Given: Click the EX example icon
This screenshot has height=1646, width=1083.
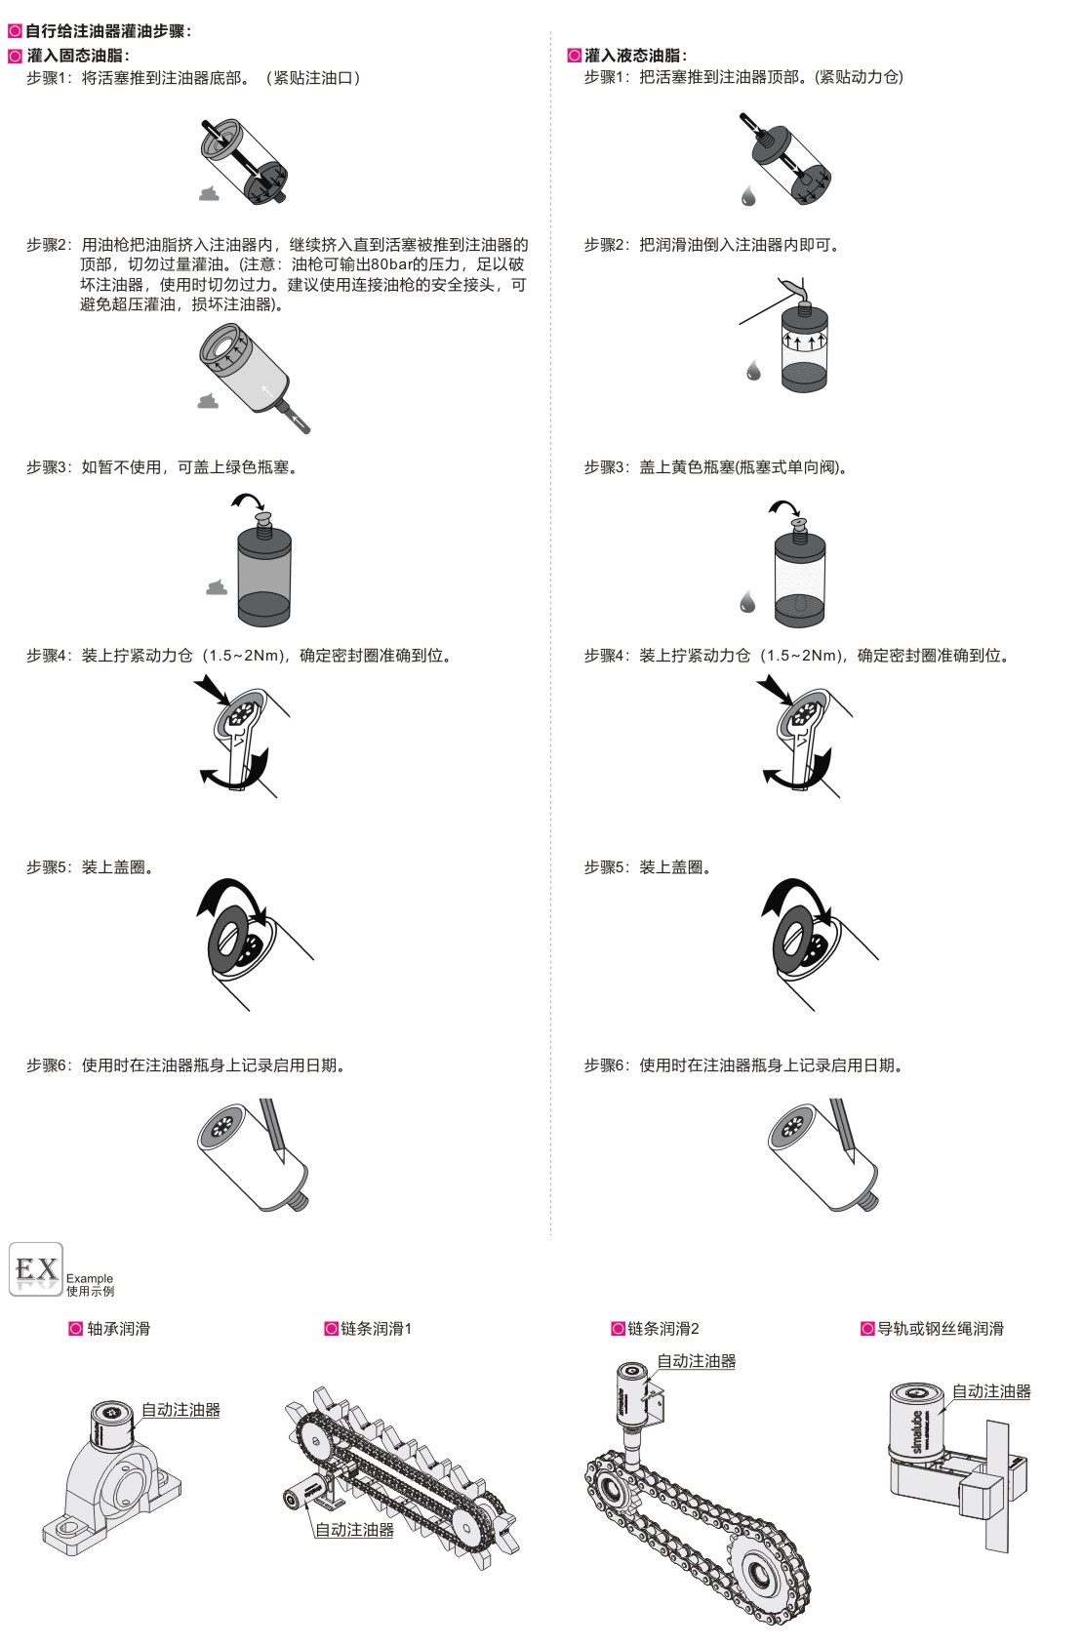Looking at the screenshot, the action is coord(35,1269).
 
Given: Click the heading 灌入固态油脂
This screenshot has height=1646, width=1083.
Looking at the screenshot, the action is coord(78,55).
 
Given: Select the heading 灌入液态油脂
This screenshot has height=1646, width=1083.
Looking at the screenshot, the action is coord(635,55).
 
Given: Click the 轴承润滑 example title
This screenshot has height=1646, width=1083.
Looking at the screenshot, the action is coord(118,1329).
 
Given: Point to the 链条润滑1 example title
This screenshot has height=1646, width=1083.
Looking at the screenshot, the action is coord(377,1329).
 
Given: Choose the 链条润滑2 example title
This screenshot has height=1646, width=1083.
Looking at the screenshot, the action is coord(662,1329).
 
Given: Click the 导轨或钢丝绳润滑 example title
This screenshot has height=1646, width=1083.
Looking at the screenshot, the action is coord(941,1329).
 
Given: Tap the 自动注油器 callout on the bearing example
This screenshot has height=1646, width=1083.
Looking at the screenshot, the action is coord(180,1410).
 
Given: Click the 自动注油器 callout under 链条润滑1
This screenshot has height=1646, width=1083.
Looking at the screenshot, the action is coord(354,1530).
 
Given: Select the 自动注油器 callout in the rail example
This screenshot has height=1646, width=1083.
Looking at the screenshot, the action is coord(991,1391).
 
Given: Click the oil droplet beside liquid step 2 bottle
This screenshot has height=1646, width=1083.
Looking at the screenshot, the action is coord(753,370).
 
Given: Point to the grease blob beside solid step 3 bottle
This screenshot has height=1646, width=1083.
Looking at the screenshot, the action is coord(216,586).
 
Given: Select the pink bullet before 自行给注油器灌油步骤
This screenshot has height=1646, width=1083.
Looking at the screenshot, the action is coord(15,31).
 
